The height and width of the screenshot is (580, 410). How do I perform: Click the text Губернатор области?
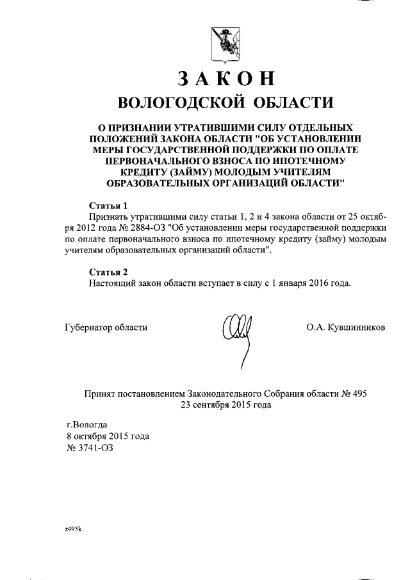coord(106,327)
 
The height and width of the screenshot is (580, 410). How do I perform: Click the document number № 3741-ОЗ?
coord(93,447)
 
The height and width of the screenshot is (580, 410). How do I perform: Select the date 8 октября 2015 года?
coord(108,436)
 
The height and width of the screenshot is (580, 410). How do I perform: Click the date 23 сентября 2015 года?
coord(225,405)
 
